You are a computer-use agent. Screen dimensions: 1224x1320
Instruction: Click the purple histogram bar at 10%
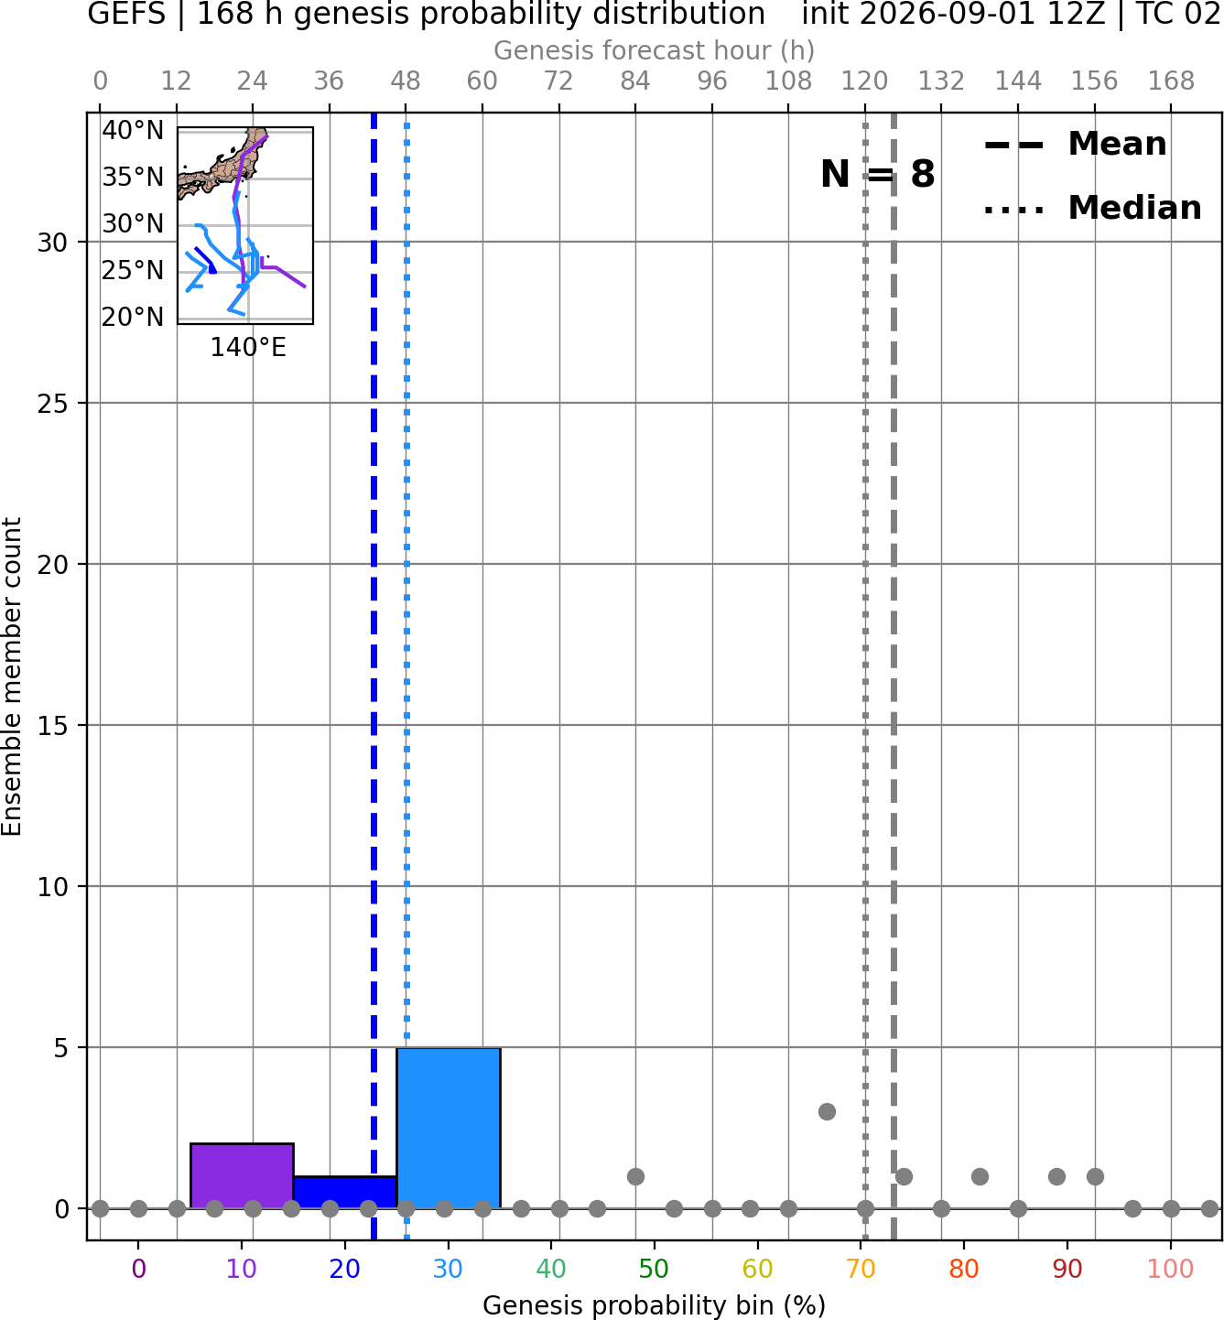point(242,1175)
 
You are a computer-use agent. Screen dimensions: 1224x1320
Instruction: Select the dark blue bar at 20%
point(345,1193)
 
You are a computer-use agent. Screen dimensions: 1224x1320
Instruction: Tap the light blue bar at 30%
point(449,1128)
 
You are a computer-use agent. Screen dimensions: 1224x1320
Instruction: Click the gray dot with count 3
point(827,1111)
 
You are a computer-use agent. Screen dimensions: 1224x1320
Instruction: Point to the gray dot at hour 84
point(635,1176)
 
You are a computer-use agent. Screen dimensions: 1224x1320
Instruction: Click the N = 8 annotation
point(878,174)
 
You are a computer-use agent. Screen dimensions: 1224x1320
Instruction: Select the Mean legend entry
point(1076,145)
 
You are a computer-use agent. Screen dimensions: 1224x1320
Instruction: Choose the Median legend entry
point(1093,208)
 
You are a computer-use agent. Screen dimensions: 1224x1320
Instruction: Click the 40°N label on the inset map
point(133,131)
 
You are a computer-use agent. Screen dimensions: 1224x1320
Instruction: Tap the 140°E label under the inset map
point(248,347)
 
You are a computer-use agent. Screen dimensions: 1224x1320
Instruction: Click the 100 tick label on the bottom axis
point(1170,1269)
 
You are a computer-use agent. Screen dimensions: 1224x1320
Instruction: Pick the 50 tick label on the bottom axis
point(654,1269)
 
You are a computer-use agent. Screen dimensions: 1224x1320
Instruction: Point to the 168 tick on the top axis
point(1171,81)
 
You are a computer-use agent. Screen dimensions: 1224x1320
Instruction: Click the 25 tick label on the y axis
point(53,404)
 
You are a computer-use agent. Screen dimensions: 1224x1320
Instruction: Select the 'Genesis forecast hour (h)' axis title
point(655,50)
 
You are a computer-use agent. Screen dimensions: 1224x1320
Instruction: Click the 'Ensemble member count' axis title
point(11,677)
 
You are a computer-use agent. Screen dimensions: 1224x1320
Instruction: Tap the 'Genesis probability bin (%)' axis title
point(655,1305)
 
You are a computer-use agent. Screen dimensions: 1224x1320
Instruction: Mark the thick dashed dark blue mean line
point(374,676)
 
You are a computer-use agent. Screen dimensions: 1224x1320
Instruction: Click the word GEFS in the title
point(126,15)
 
